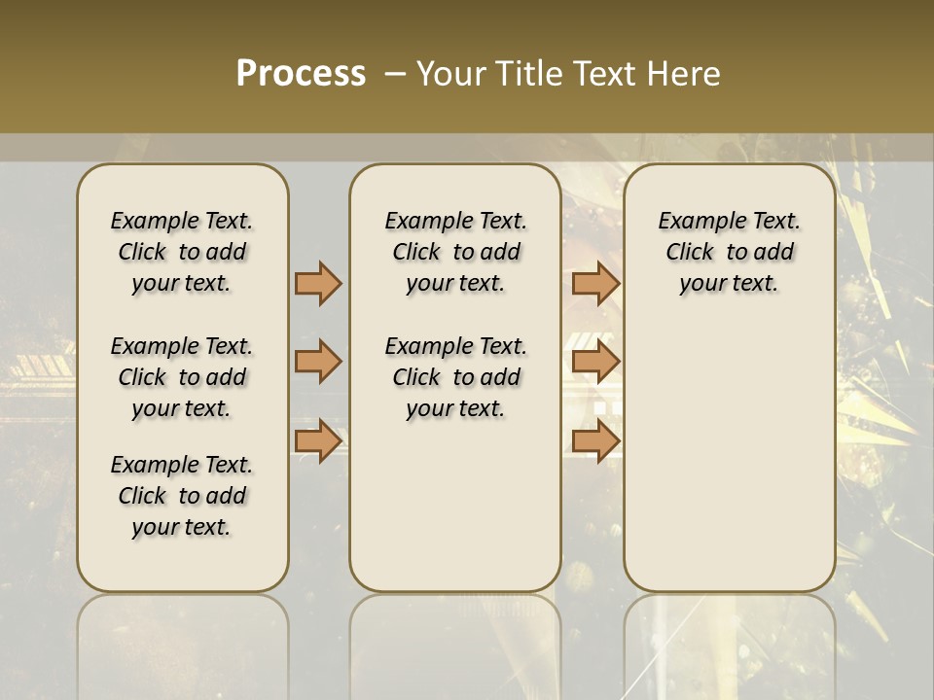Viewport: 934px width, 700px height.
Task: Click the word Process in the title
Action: (301, 74)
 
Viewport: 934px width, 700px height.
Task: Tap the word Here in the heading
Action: (686, 74)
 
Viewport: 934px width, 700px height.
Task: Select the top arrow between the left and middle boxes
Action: (318, 283)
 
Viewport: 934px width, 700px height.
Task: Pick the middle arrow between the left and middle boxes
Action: (318, 362)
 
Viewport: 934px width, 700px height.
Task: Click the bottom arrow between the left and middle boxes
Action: (318, 440)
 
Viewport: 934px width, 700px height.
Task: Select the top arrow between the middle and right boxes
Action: (595, 283)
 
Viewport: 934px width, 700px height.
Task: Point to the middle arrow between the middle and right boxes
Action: (595, 362)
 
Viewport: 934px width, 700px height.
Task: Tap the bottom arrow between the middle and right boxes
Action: (595, 440)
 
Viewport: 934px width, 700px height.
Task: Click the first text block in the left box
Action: (182, 252)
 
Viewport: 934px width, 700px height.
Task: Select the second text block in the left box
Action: (182, 377)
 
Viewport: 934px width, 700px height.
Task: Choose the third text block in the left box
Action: (182, 496)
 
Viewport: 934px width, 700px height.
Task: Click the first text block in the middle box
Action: (455, 252)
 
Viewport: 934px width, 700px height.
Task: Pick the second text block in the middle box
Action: (455, 377)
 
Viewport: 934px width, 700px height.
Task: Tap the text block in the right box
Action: (730, 252)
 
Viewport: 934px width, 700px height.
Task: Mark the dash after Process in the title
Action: (395, 74)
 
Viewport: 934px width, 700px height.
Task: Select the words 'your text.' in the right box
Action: (729, 283)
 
